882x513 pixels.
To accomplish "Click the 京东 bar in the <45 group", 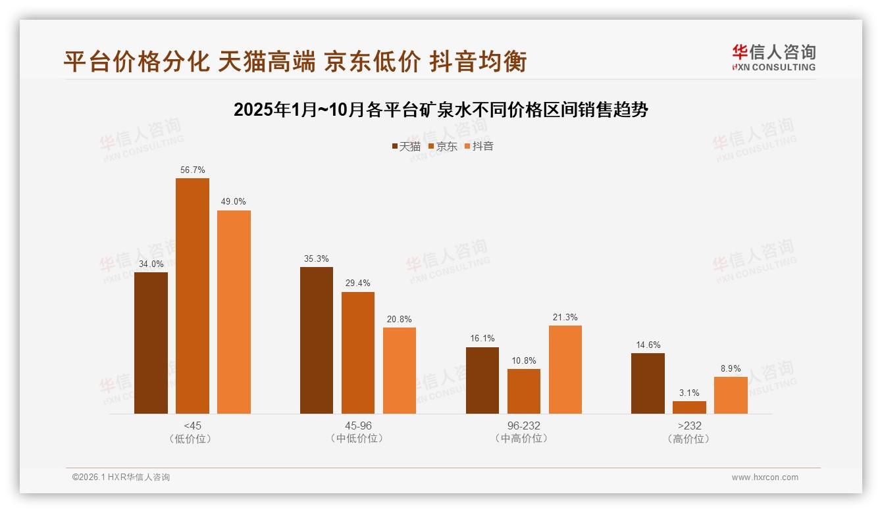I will (192, 296).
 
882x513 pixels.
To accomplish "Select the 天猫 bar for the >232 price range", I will (648, 383).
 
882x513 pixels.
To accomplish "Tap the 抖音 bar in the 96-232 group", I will (565, 370).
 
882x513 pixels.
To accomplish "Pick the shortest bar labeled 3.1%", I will (689, 408).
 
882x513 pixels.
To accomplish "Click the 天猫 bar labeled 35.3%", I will (316, 340).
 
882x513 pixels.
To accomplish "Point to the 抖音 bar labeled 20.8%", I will (399, 370).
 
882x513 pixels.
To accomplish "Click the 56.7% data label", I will (192, 170).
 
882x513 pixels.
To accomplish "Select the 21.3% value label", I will (565, 318).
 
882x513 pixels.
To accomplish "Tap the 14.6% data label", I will (648, 345).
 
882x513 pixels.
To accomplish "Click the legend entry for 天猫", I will (406, 146).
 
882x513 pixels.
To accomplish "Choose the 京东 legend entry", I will (442, 146).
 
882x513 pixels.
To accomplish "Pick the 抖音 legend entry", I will (479, 146).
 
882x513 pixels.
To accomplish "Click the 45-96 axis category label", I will (357, 426).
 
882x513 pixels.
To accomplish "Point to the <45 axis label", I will (192, 426).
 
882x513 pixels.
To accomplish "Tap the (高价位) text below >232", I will (689, 439).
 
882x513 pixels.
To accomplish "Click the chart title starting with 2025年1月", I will (441, 110).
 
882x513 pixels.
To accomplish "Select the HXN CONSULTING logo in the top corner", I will (773, 58).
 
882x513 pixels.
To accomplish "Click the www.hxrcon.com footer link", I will (765, 477).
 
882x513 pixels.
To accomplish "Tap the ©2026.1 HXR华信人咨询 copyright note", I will (121, 477).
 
